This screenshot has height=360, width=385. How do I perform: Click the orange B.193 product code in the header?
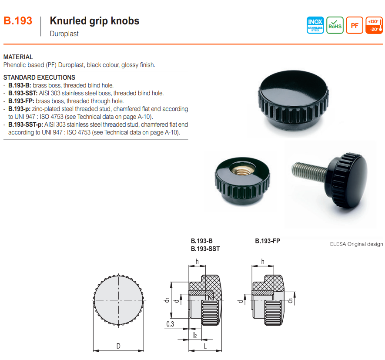[x=18, y=21]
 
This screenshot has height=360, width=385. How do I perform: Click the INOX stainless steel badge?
[x=315, y=25]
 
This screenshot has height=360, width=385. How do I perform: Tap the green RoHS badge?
[x=335, y=25]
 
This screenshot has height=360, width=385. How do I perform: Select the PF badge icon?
[x=355, y=25]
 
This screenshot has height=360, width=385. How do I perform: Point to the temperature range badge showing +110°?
[x=374, y=25]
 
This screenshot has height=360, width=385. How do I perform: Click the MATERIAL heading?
[x=18, y=57]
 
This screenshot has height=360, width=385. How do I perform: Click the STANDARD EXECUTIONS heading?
[x=39, y=77]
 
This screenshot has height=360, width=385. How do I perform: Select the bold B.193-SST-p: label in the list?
[x=26, y=124]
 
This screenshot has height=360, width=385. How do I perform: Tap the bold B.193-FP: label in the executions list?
[x=21, y=101]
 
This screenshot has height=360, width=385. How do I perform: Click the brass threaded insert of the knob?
[x=243, y=170]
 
